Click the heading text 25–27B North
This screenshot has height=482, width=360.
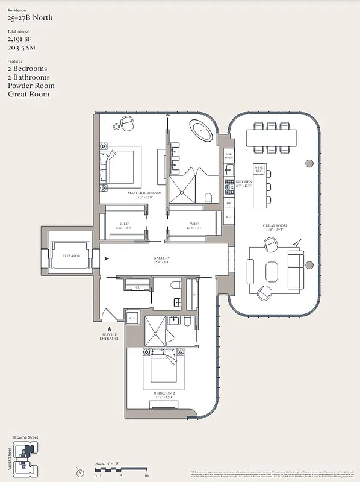pyautogui.click(x=30, y=18)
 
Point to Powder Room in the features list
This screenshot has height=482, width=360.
pyautogui.click(x=31, y=86)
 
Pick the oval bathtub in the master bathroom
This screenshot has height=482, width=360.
pyautogui.click(x=201, y=130)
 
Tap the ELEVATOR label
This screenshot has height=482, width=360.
pyautogui.click(x=71, y=256)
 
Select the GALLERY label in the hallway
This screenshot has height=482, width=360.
pyautogui.click(x=162, y=258)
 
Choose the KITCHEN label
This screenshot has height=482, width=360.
pyautogui.click(x=243, y=181)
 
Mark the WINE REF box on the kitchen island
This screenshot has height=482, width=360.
pyautogui.click(x=259, y=169)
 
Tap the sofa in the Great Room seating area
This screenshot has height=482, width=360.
pyautogui.click(x=296, y=268)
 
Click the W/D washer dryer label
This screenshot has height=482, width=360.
pyautogui.click(x=132, y=318)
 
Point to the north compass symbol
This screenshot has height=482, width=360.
pyautogui.click(x=78, y=468)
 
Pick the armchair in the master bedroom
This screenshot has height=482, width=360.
pyautogui.click(x=127, y=124)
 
